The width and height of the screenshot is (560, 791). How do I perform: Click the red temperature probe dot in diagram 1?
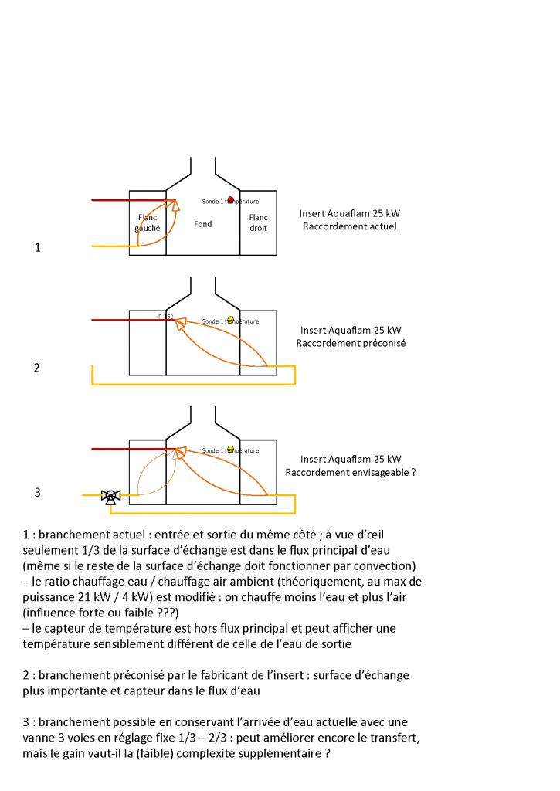click(230, 200)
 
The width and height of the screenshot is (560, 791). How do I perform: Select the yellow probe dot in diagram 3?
click(230, 448)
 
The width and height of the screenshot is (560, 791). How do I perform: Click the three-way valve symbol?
click(110, 496)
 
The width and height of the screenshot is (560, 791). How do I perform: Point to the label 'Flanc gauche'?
click(147, 223)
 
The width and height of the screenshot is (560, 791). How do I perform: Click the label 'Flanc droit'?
click(258, 223)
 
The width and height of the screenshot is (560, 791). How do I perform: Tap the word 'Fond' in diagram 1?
click(202, 224)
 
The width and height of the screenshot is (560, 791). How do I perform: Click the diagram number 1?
click(36, 248)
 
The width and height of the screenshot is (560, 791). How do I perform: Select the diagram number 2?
click(36, 368)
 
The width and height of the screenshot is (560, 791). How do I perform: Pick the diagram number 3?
click(36, 491)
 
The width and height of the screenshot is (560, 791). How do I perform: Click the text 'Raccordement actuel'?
click(350, 226)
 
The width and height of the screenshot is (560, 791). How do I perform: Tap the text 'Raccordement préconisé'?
click(351, 343)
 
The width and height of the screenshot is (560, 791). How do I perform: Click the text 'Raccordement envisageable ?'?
click(351, 472)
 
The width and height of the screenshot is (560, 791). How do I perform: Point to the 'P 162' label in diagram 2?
click(165, 317)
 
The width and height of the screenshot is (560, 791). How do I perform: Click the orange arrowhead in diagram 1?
click(175, 204)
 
